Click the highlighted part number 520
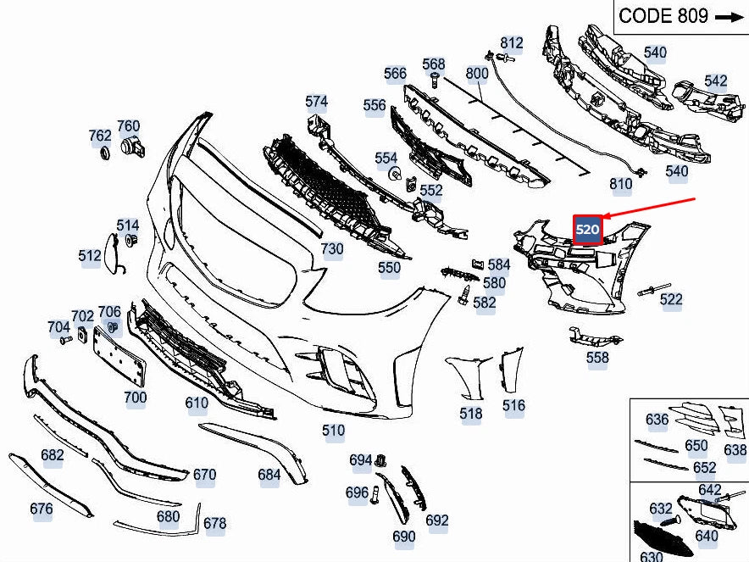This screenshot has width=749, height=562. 587,229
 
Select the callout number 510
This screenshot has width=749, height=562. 334,431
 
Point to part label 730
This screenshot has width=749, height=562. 332,248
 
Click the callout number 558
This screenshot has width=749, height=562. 597,358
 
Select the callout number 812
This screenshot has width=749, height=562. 512,42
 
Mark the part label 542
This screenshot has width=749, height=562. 716,81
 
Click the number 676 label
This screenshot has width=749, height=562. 41,509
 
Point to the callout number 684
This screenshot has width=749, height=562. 269,475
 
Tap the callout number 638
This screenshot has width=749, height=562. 735,450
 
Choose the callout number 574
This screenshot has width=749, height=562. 316,102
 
